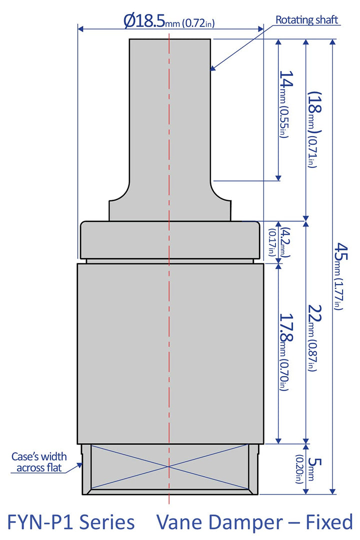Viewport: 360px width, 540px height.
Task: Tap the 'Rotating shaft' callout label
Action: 307,20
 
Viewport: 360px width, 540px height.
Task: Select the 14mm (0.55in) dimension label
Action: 284,104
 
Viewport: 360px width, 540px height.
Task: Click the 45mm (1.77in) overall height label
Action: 340,275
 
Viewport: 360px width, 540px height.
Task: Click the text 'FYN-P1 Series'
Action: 70,522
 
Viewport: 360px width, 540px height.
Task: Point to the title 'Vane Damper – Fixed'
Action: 254,522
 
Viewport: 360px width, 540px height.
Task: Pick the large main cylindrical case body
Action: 170,352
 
